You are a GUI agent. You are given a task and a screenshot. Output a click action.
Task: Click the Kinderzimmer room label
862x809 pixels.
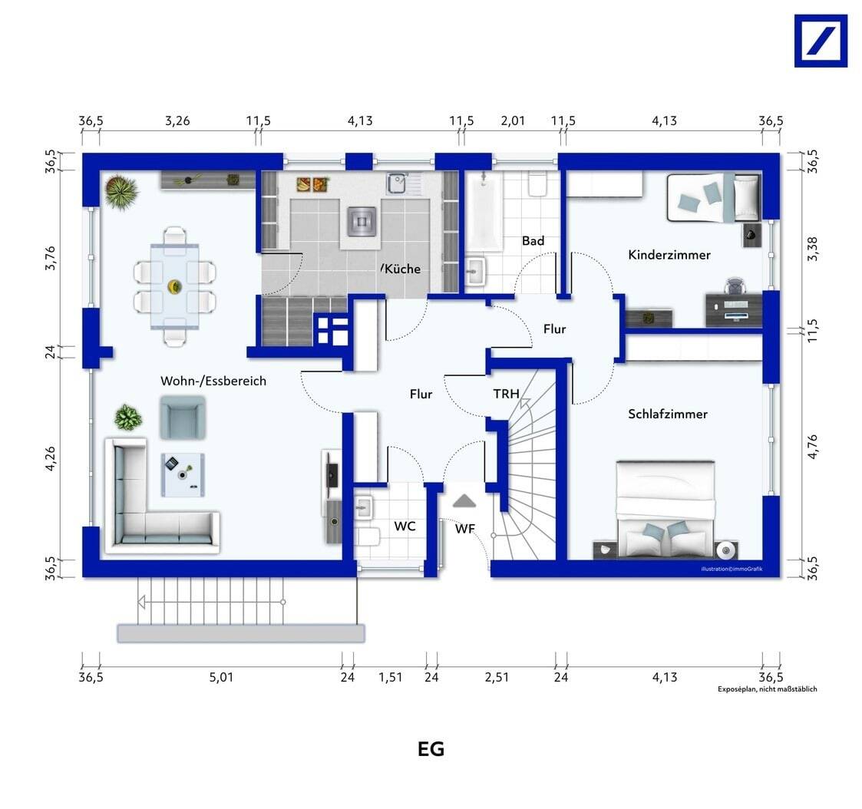669,255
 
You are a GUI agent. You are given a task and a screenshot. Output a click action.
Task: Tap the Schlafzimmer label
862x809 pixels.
667,414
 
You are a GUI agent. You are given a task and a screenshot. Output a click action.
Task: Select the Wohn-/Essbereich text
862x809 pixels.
213,381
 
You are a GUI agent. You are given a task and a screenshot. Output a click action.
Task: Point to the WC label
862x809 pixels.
405,526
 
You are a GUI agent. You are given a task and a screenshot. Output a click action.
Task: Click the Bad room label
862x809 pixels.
533,241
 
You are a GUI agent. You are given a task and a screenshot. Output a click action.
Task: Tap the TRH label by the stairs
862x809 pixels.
506,394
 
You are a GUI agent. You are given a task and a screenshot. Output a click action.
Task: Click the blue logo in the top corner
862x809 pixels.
821,41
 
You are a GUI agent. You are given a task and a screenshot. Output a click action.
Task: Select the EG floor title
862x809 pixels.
431,749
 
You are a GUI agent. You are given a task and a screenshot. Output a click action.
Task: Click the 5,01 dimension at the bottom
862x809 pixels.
221,677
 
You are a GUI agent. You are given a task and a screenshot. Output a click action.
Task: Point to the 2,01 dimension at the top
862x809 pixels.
512,121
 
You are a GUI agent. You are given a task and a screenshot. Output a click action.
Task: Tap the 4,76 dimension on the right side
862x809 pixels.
813,446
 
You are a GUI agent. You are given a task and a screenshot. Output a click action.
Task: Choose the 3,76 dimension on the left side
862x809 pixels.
50,257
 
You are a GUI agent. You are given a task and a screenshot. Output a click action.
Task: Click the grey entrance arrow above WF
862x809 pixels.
464,500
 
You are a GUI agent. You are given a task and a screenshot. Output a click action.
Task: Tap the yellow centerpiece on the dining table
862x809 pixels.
175,286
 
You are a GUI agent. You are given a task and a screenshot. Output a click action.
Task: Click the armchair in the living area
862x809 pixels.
183,418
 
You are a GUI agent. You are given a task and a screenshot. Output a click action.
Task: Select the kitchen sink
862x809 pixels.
396,183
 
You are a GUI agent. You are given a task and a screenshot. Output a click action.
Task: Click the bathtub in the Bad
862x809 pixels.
484,212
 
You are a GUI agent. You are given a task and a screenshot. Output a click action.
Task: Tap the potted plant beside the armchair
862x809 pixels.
128,417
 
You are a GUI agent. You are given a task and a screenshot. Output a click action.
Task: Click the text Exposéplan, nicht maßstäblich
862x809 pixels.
767,689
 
